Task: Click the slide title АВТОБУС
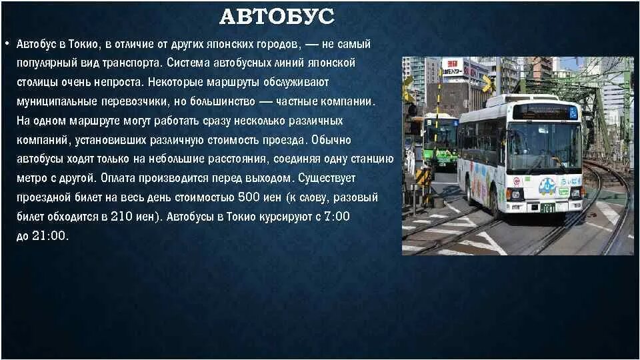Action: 277,17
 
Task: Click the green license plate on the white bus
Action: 547,208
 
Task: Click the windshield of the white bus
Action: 543,146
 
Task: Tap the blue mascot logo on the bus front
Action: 547,186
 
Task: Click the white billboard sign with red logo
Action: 452,67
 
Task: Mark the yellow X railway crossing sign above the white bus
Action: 487,83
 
